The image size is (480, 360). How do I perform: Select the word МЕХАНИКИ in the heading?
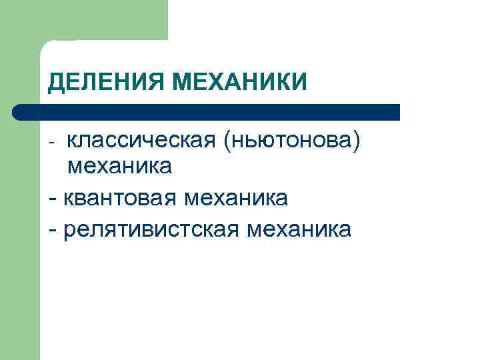(240, 83)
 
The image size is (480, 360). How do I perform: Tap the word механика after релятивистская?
(298, 229)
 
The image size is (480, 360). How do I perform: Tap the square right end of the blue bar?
(396, 112)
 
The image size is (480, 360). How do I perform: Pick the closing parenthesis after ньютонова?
(361, 141)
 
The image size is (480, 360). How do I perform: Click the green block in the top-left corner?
(83, 20)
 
